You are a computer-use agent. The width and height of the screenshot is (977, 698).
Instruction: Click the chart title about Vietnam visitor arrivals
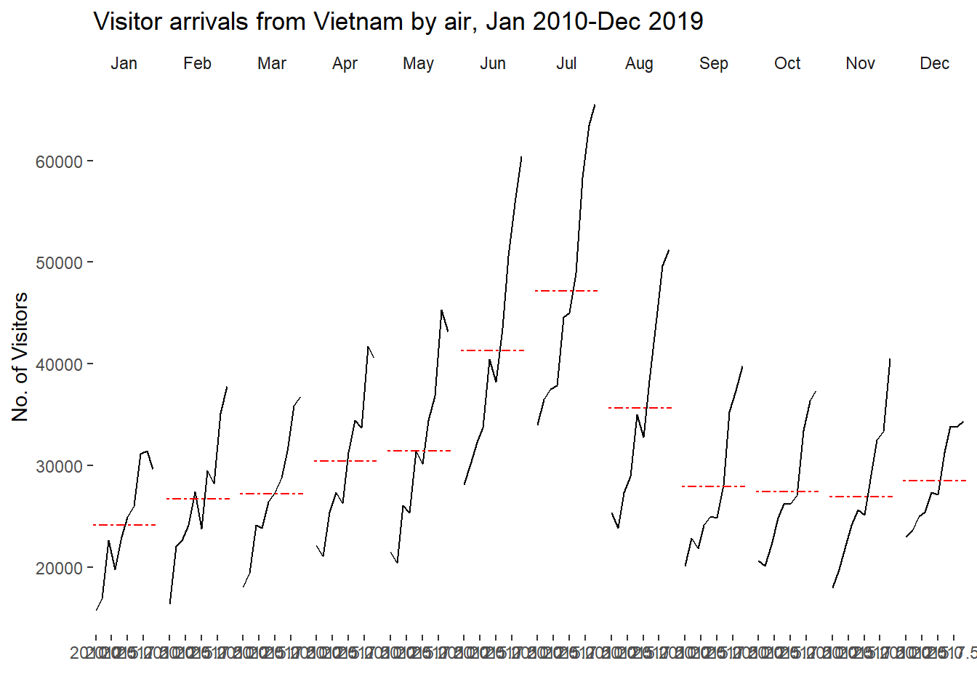[398, 22]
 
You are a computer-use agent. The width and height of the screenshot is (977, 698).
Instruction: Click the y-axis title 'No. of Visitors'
[20, 356]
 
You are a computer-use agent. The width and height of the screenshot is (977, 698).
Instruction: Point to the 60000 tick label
[59, 161]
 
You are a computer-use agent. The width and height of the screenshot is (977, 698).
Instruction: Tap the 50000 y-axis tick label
[59, 263]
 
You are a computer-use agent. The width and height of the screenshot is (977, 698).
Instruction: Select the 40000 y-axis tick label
[59, 365]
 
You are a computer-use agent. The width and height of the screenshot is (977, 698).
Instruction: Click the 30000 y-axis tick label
[59, 466]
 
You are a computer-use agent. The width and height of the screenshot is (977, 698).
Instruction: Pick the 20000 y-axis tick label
[59, 568]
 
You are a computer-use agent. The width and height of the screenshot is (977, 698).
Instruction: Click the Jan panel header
[124, 64]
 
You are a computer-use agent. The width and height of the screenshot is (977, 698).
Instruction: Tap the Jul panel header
[566, 64]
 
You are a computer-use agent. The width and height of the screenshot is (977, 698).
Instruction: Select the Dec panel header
[934, 64]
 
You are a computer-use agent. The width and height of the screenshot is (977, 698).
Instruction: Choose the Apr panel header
[345, 64]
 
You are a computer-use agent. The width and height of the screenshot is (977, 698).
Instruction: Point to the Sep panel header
[713, 64]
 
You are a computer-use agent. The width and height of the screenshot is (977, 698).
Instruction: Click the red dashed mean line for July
[566, 291]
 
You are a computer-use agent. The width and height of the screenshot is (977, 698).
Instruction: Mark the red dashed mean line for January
[124, 525]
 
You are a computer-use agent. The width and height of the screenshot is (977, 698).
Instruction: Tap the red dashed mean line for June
[492, 350]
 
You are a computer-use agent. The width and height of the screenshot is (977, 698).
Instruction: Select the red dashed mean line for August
[640, 408]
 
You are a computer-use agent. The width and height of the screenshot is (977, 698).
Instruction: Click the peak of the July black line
[595, 105]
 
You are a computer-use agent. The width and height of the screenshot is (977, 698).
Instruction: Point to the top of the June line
[521, 156]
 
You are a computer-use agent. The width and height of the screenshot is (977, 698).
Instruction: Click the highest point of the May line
[441, 310]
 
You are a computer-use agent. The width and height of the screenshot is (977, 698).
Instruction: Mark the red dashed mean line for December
[934, 481]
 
